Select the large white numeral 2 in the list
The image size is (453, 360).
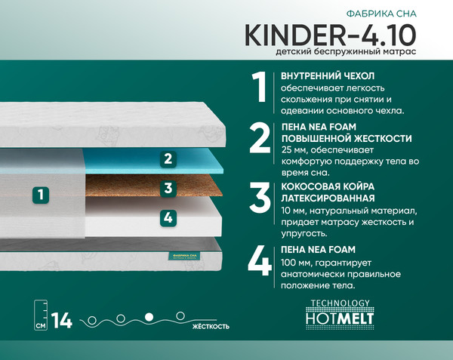(260, 138)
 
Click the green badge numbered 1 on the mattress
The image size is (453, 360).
(42, 194)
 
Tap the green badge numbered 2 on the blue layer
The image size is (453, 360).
(168, 159)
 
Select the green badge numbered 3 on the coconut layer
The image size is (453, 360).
(168, 188)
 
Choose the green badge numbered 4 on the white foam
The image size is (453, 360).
(168, 217)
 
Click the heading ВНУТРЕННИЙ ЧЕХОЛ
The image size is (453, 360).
(328, 75)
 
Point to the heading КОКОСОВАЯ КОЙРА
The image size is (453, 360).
(327, 186)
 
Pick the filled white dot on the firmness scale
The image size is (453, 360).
(149, 315)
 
